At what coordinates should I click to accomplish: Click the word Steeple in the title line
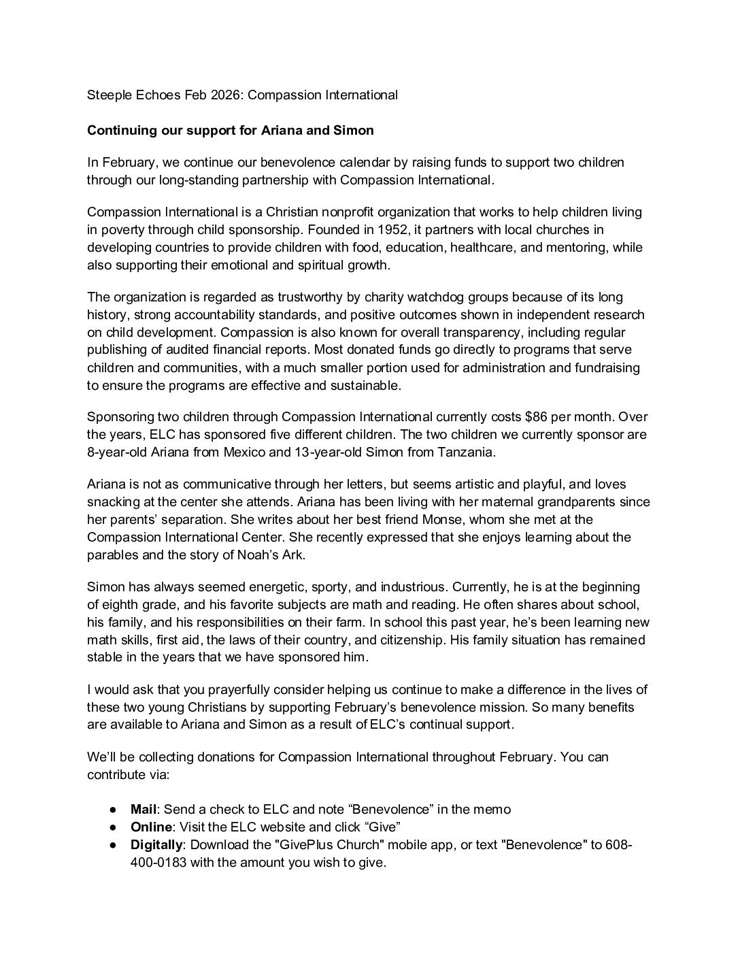coord(108,95)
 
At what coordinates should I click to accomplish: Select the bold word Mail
coord(144,810)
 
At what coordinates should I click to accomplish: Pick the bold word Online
coord(151,827)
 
